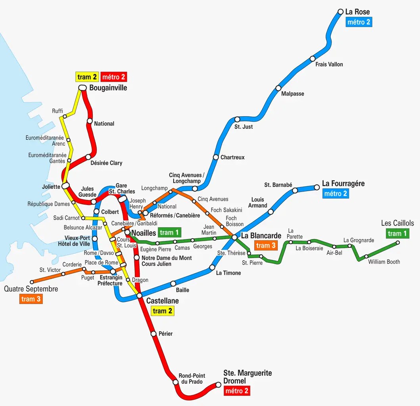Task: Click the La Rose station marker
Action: pyautogui.click(x=340, y=12)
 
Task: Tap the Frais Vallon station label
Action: pyautogui.click(x=329, y=64)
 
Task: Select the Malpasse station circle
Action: pyautogui.click(x=278, y=88)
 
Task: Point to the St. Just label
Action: pyautogui.click(x=244, y=127)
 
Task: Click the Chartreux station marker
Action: pyautogui.click(x=216, y=157)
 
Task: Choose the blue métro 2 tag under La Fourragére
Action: pyautogui.click(x=336, y=193)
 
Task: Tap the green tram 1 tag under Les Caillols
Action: pyautogui.click(x=397, y=234)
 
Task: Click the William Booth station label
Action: pyautogui.click(x=384, y=262)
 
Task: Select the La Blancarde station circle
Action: pyautogui.click(x=234, y=237)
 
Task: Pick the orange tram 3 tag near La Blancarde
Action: pyautogui.click(x=266, y=245)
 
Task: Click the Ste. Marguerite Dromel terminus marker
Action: pyautogui.click(x=218, y=385)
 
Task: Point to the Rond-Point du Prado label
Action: pyautogui.click(x=192, y=379)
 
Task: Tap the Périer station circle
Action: pyautogui.click(x=154, y=334)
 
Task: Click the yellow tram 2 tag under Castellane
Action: pyautogui.click(x=163, y=311)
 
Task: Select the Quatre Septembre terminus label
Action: pyautogui.click(x=31, y=289)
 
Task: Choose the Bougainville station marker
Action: pyautogui.click(x=82, y=88)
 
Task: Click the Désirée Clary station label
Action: pyautogui.click(x=106, y=163)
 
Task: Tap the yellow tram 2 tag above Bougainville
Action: pyautogui.click(x=87, y=77)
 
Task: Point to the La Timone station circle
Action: pyautogui.click(x=212, y=268)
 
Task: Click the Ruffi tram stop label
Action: pyautogui.click(x=58, y=111)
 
